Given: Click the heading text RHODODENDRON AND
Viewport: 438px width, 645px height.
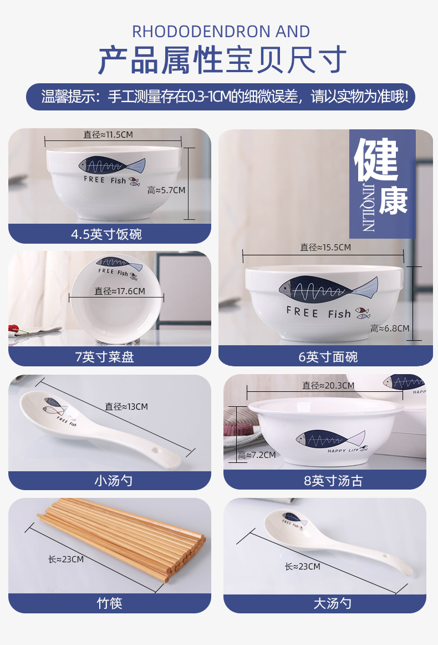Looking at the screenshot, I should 221,32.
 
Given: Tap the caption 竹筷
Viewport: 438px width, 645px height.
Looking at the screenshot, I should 109,603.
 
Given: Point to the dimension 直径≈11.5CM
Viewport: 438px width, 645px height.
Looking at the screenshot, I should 108,134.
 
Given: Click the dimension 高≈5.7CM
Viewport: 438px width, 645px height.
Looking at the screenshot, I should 166,190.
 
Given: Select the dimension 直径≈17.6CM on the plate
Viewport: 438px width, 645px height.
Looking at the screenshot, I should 120,291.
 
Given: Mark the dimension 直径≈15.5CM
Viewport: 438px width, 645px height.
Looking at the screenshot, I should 325,248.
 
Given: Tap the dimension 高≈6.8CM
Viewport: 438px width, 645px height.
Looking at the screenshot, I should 390,329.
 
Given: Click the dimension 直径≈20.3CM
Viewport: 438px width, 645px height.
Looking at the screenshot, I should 328,385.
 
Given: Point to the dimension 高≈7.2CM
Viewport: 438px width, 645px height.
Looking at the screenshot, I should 257,455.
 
